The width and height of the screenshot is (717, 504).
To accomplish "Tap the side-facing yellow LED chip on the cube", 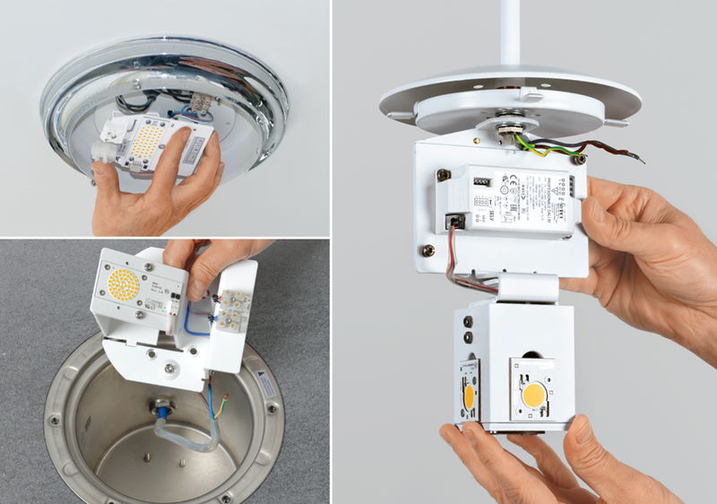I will pyautogui.click(x=469, y=395).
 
